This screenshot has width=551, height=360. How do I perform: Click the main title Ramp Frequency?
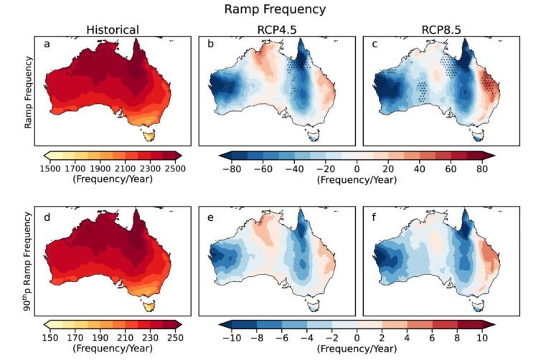(275, 9)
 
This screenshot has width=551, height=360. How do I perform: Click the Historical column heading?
(113, 29)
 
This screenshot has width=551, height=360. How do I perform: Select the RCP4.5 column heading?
(275, 29)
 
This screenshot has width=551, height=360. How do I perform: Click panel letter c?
(375, 44)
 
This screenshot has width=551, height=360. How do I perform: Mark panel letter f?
(374, 214)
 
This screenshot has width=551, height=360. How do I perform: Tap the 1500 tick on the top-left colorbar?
(55, 168)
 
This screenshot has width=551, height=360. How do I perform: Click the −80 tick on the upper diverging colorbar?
(231, 168)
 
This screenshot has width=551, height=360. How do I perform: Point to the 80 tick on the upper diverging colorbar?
(483, 168)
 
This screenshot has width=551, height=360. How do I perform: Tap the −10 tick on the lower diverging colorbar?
(231, 338)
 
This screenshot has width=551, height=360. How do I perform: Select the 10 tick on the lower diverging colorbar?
(483, 338)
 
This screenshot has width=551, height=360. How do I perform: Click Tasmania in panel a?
(150, 134)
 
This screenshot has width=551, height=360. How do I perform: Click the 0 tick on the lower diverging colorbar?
(357, 338)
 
